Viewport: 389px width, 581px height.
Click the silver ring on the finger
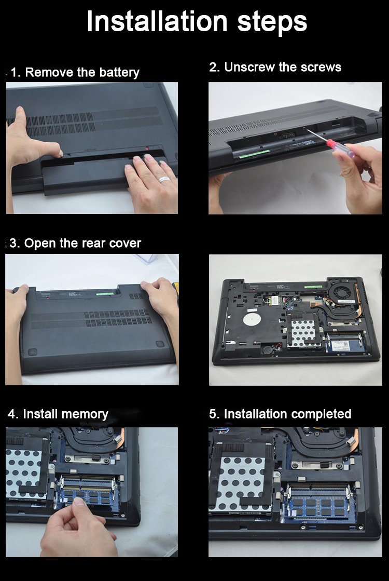[x=164, y=179]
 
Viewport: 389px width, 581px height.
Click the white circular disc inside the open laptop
[x=252, y=318]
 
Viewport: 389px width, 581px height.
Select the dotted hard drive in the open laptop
[x=303, y=333]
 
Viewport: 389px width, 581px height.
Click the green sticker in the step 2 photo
[x=254, y=153]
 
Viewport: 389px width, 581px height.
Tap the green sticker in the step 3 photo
[x=104, y=294]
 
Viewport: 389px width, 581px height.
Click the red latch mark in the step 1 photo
[x=147, y=148]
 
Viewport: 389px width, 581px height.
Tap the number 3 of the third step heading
[x=14, y=244]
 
